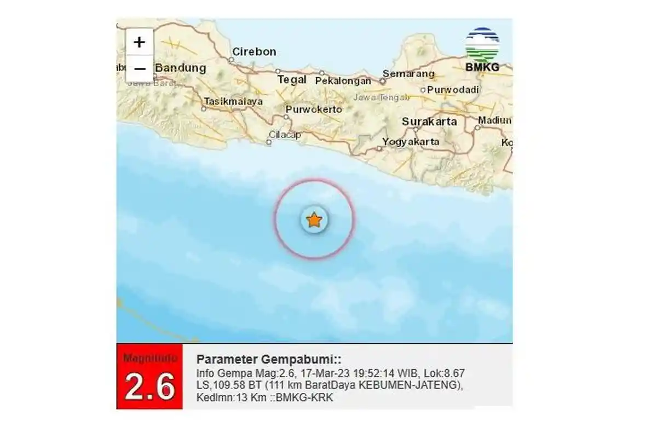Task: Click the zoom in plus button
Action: click(140, 42)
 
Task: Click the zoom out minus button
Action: click(140, 69)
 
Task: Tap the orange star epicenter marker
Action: click(314, 220)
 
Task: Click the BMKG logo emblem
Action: click(482, 45)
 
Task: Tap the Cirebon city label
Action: click(254, 52)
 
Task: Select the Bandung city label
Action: click(181, 68)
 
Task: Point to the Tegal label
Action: click(292, 79)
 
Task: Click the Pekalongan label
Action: click(343, 81)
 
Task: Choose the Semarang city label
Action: click(408, 73)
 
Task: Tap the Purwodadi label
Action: click(454, 90)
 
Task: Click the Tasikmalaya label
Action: click(233, 101)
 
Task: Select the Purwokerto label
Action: click(314, 109)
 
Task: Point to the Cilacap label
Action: click(285, 135)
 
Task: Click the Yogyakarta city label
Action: click(411, 142)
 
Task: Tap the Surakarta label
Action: click(429, 122)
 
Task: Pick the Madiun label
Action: click(494, 120)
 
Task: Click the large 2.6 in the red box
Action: click(149, 387)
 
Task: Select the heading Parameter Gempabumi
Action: click(269, 359)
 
